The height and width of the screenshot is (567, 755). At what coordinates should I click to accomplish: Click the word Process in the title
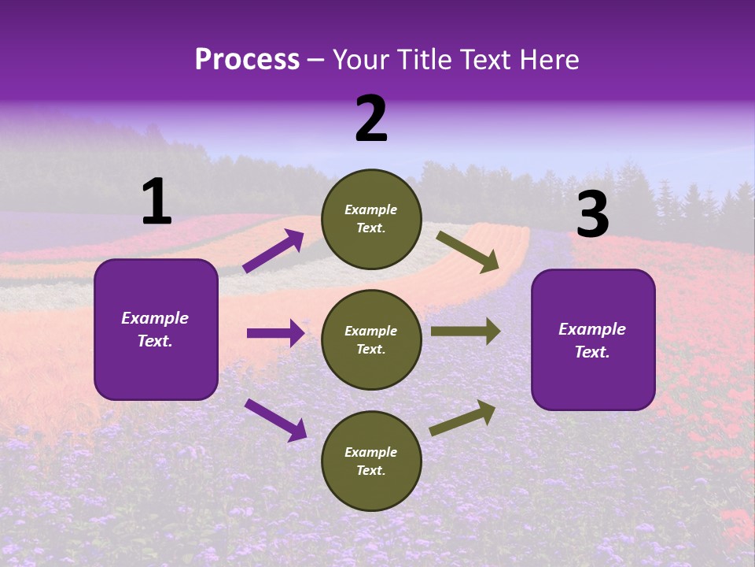[247, 59]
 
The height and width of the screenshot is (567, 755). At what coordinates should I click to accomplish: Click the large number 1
[157, 202]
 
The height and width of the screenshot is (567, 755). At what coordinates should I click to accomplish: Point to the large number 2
[371, 119]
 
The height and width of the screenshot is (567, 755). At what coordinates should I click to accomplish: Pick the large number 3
[592, 215]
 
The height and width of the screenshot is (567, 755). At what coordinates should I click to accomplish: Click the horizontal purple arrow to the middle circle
[275, 333]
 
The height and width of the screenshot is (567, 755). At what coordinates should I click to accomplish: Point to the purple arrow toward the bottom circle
[275, 420]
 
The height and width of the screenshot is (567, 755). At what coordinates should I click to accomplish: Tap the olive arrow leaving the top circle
[468, 252]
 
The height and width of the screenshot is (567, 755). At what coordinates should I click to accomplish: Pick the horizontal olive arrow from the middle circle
[466, 332]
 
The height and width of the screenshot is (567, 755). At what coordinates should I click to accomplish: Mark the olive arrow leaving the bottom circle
[462, 417]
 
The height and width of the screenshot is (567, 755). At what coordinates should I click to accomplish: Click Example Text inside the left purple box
[155, 329]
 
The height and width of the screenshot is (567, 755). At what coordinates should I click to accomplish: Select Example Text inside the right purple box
[592, 340]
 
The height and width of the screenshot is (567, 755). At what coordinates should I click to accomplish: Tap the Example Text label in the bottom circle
[371, 461]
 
